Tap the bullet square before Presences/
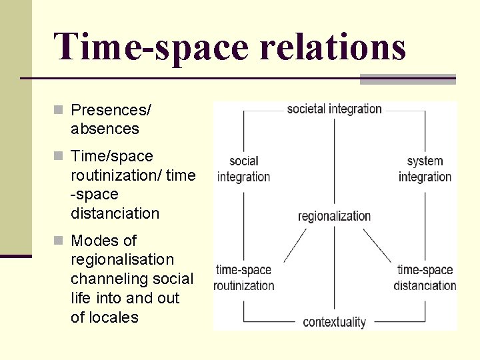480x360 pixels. coord(59,109)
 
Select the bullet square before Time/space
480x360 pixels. coord(59,157)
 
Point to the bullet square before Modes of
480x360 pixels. coord(59,241)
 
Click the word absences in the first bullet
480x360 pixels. coord(105,129)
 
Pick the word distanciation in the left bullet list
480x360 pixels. coord(115,213)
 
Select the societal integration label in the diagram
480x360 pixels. coord(334,109)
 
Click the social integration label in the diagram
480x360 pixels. coord(243,169)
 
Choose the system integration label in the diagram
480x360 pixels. coord(425,169)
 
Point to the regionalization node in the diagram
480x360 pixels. coord(334,216)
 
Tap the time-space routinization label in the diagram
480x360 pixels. coord(244,278)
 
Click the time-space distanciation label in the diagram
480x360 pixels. coord(425,278)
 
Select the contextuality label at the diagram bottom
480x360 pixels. coord(334,322)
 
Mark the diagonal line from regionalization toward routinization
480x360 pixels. coord(295,245)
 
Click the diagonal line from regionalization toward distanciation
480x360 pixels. coord(377,246)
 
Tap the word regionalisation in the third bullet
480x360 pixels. coord(122,259)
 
